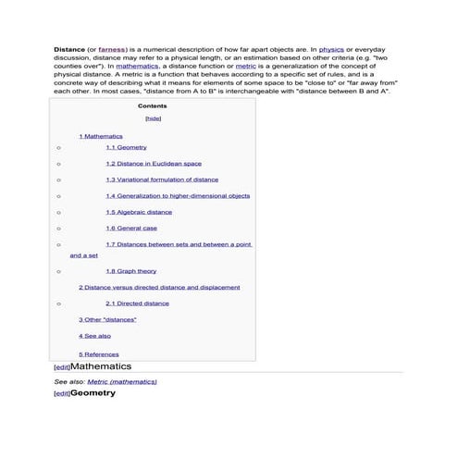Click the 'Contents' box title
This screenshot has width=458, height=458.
click(152, 106)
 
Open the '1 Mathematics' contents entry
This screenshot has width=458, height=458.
click(101, 136)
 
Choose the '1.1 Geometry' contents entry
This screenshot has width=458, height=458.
click(126, 148)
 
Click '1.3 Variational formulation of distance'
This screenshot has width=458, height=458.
click(162, 179)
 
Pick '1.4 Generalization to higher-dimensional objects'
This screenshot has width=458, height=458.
click(178, 196)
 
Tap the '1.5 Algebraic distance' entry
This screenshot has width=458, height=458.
click(139, 212)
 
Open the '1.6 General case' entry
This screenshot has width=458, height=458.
click(130, 228)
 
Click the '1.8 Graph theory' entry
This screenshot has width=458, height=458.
click(130, 272)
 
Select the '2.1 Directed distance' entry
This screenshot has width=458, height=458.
click(137, 303)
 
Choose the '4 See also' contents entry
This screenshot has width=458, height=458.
click(94, 336)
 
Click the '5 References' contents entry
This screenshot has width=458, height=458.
click(99, 354)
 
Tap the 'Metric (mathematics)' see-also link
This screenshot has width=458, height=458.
click(122, 381)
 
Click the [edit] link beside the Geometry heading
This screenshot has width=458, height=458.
click(62, 394)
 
